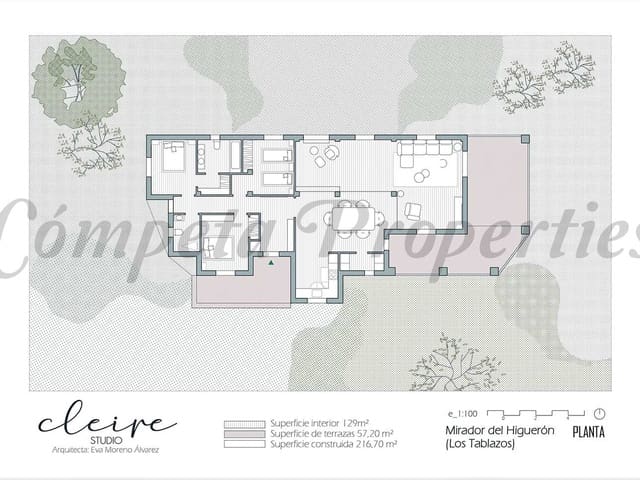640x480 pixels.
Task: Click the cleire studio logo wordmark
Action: click(107, 422)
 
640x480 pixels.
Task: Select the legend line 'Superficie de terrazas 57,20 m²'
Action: click(331, 434)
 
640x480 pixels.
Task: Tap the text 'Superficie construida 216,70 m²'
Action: click(331, 444)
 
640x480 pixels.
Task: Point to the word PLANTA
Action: click(587, 433)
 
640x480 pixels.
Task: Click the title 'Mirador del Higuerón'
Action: click(485, 431)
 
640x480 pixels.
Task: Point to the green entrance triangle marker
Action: click(269, 262)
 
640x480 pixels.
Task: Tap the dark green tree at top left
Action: click(68, 80)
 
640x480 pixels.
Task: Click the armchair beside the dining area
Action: click(412, 209)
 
